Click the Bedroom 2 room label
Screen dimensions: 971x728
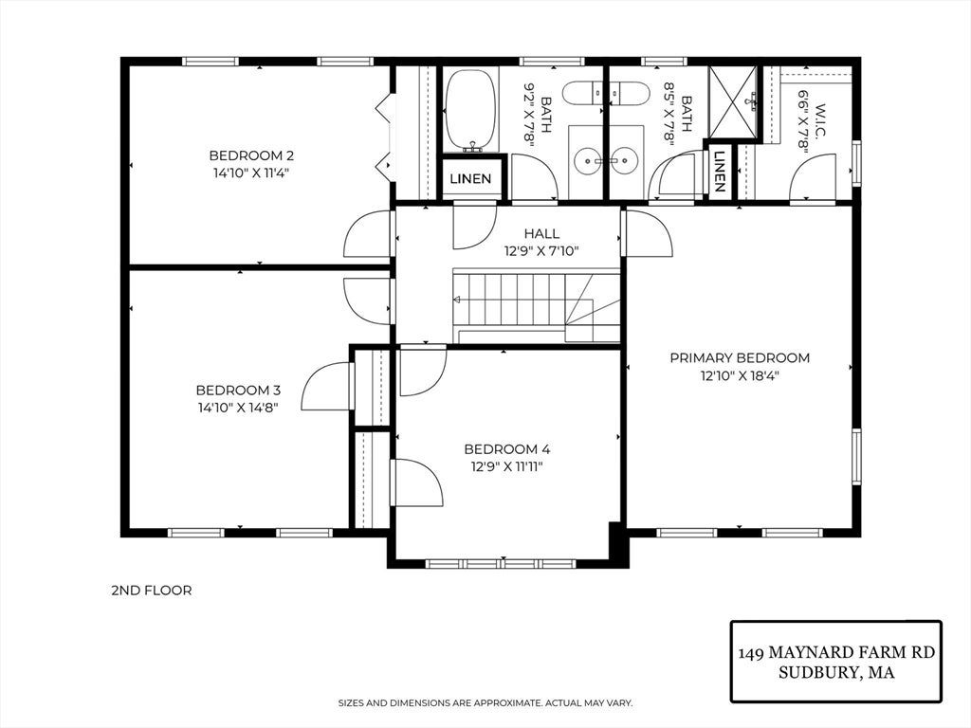point(251,155)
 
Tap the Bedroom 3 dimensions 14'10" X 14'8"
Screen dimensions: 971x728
point(238,408)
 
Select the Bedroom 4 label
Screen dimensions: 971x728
point(507,449)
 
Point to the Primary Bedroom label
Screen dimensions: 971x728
point(740,357)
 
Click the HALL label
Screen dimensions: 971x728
point(541,233)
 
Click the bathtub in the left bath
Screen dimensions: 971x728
point(470,110)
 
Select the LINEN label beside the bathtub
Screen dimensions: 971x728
point(470,179)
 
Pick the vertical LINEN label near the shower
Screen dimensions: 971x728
point(720,171)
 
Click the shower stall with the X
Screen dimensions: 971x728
point(733,101)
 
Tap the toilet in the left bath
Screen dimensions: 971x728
point(582,93)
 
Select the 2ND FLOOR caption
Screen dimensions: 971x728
point(152,591)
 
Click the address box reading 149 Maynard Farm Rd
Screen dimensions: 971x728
point(836,662)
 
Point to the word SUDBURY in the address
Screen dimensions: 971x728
point(815,672)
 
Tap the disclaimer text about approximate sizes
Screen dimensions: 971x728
point(485,703)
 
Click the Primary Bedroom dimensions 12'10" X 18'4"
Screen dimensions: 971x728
point(740,375)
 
